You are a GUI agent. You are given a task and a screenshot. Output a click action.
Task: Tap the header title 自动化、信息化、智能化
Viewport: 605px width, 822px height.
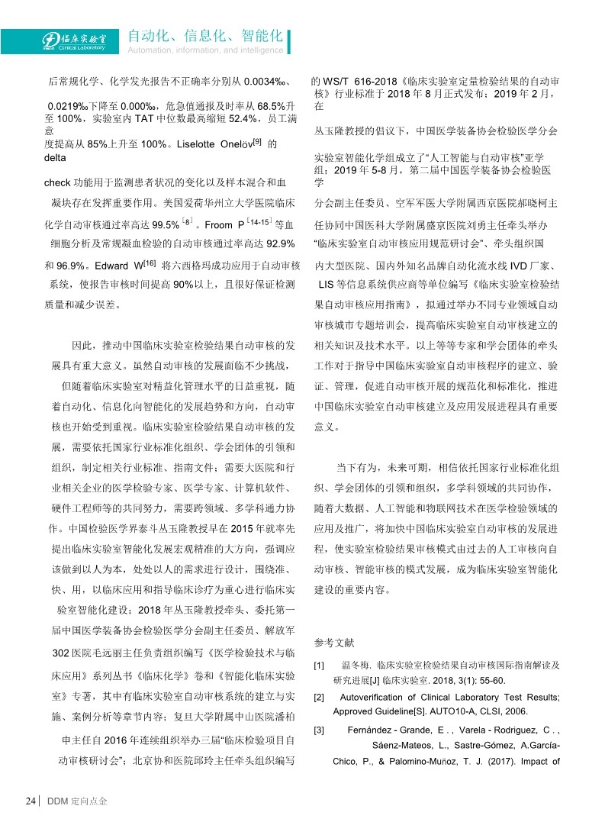point(205,35)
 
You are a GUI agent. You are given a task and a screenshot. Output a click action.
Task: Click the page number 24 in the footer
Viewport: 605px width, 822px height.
point(31,801)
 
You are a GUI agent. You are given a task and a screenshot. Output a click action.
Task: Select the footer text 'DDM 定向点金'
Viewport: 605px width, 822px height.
point(77,801)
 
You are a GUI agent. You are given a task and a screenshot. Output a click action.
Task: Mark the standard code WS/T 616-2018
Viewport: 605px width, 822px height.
point(359,81)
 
